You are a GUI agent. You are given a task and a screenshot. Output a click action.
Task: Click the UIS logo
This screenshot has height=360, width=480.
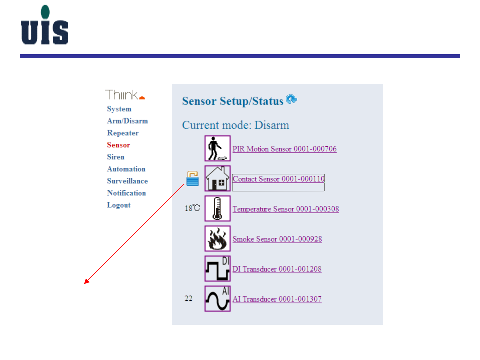pyautogui.click(x=45, y=25)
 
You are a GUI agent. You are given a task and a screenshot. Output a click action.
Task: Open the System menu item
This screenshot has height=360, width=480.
pyautogui.click(x=119, y=109)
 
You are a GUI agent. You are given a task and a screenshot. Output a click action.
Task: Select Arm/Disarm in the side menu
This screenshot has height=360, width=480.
pyautogui.click(x=127, y=121)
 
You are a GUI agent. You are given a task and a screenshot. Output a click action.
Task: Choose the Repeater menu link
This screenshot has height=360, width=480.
pyautogui.click(x=123, y=133)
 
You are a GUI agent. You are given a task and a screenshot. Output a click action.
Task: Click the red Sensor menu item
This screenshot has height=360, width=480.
pyautogui.click(x=118, y=145)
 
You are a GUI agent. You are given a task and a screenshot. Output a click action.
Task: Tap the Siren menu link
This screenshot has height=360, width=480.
pyautogui.click(x=116, y=157)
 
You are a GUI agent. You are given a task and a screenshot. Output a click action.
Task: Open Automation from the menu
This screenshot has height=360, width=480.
pyautogui.click(x=126, y=169)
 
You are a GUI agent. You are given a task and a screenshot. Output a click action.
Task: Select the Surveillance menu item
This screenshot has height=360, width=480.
pyautogui.click(x=127, y=181)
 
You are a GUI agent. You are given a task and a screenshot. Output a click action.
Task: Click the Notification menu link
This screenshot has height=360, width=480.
pyautogui.click(x=126, y=193)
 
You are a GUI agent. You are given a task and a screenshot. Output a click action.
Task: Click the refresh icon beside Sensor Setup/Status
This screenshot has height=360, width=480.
pyautogui.click(x=291, y=99)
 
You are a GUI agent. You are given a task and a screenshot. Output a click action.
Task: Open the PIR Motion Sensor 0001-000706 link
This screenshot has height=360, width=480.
pyautogui.click(x=284, y=149)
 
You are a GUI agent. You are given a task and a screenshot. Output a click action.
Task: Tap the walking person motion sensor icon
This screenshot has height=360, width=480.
pyautogui.click(x=217, y=149)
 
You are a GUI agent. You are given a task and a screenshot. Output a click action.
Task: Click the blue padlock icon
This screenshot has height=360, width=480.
pyautogui.click(x=192, y=179)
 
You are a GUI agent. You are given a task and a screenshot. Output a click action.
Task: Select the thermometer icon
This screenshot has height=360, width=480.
pyautogui.click(x=217, y=208)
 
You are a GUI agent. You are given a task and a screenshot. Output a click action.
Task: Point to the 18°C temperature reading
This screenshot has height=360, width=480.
pyautogui.click(x=192, y=208)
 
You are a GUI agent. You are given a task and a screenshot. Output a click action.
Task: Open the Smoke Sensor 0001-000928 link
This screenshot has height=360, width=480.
pyautogui.click(x=277, y=239)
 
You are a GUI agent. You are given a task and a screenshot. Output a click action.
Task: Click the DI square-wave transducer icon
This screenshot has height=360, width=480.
pyautogui.click(x=217, y=268)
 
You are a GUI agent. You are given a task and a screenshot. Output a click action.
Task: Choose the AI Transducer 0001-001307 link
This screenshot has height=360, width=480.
pyautogui.click(x=277, y=299)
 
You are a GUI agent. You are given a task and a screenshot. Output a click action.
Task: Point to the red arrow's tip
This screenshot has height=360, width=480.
pyautogui.click(x=85, y=283)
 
